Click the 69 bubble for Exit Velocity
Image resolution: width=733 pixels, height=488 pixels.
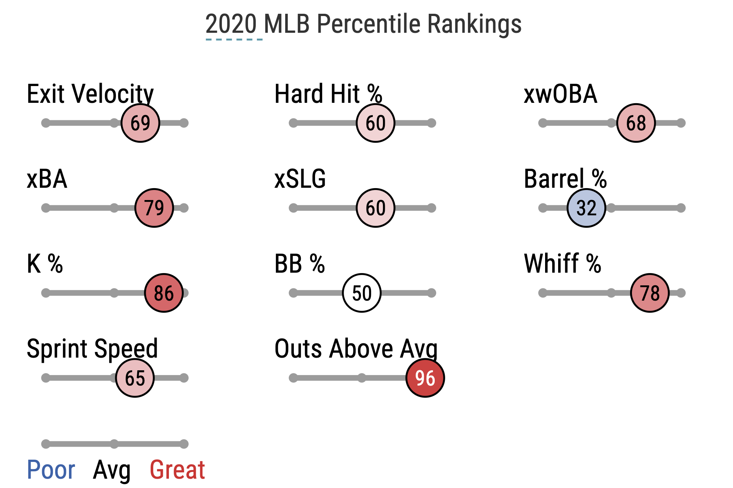(x=140, y=123)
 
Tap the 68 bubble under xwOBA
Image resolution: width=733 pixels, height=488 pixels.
(x=636, y=123)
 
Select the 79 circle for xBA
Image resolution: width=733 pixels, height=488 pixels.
(x=154, y=208)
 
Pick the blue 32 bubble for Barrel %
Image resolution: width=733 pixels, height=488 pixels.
(x=586, y=208)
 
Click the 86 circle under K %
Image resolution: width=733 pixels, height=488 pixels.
(x=164, y=293)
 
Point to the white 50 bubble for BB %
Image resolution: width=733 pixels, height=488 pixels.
(x=362, y=293)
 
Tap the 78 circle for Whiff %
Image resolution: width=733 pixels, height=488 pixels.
(x=649, y=293)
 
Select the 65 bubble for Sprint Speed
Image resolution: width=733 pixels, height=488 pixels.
(x=135, y=378)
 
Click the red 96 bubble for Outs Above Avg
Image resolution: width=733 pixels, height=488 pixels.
(x=425, y=378)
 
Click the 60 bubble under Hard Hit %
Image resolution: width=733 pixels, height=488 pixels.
(x=375, y=123)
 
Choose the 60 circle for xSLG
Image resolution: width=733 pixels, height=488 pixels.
(x=375, y=208)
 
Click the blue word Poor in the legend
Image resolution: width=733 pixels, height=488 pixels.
(x=51, y=470)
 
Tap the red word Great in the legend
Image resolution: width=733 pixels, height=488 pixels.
(x=177, y=470)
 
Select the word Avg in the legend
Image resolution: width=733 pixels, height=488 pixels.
(x=112, y=470)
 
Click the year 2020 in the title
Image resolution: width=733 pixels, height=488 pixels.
(x=231, y=24)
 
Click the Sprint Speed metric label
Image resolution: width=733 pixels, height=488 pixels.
(x=92, y=349)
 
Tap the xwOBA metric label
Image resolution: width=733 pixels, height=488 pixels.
(x=560, y=94)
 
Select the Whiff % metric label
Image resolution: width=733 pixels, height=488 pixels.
(x=562, y=264)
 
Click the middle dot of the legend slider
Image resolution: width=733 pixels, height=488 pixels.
(x=114, y=444)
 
